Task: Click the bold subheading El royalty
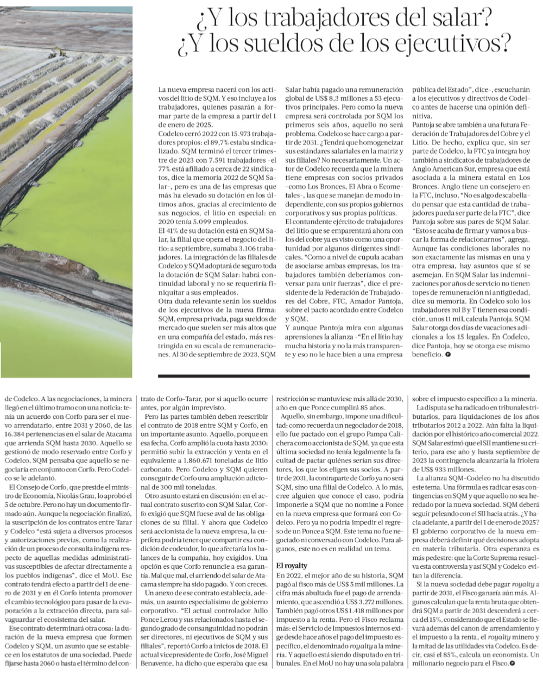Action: (x=293, y=565)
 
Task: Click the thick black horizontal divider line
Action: (x=350, y=375)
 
